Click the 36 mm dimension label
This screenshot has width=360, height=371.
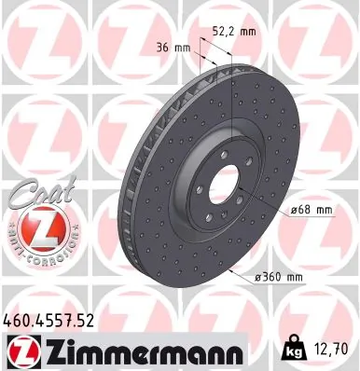pos(169,46)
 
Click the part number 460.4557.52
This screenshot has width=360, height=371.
pos(48,321)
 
